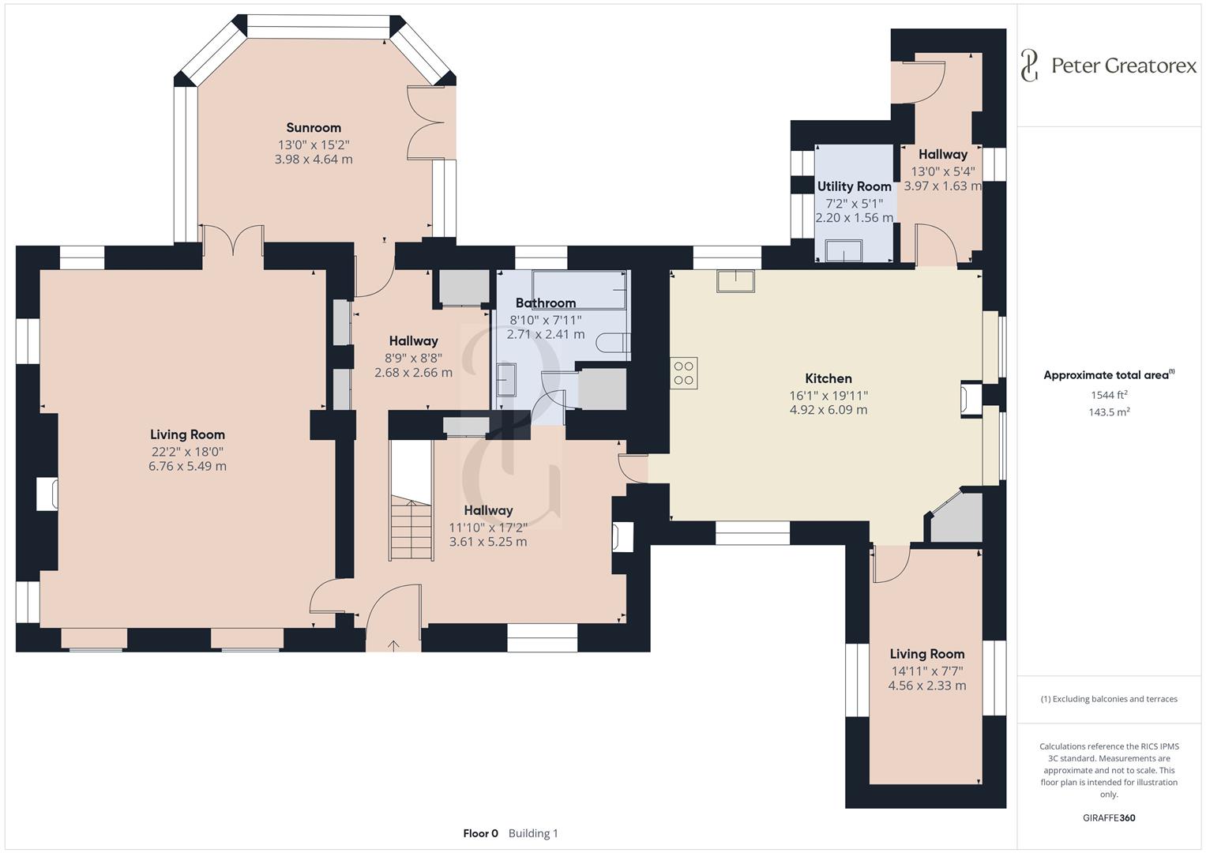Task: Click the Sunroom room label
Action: point(314,128)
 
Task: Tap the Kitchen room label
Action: point(828,378)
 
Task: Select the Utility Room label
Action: point(855,186)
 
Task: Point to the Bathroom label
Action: point(546,303)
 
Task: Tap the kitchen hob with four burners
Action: point(684,373)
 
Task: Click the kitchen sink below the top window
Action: point(735,281)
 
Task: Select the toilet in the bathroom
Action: point(614,343)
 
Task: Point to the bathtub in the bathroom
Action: point(580,290)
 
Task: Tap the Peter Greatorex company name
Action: point(1124,66)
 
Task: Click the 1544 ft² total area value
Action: point(1109,395)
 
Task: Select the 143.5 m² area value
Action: point(1109,412)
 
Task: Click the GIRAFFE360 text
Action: point(1109,817)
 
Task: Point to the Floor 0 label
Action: point(481,833)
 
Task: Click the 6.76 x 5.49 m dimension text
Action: point(187,466)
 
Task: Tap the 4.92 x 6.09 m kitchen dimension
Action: point(828,410)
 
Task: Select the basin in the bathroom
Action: point(506,380)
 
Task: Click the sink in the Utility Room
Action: point(843,250)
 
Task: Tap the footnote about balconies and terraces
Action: point(1109,699)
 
